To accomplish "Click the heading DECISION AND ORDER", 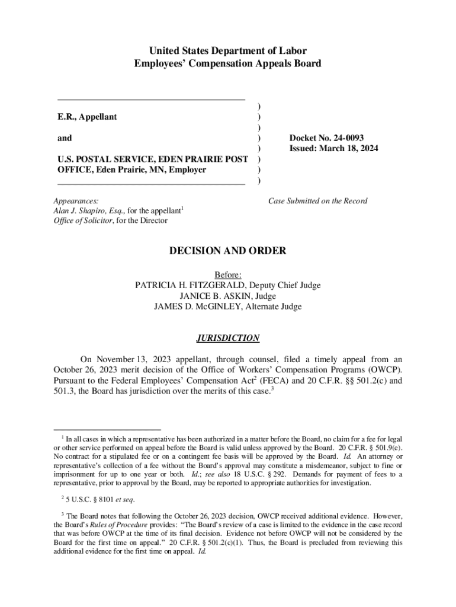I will [x=227, y=251].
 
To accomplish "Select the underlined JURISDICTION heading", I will [x=227, y=338].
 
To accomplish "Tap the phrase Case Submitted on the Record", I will [x=317, y=201].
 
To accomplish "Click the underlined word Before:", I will [x=227, y=274].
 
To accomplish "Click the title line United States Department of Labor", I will [x=227, y=51].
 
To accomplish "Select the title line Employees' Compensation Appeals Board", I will [x=227, y=63].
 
